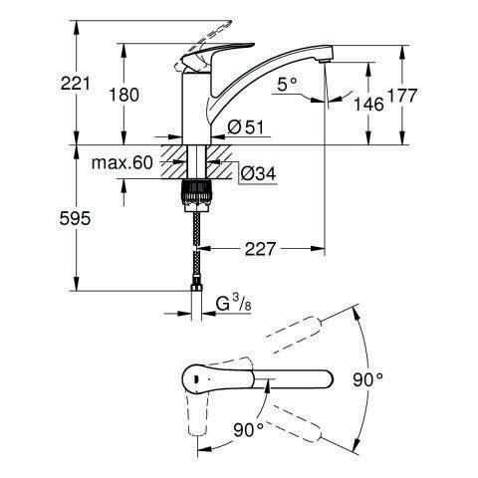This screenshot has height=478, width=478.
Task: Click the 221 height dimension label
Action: (75, 83)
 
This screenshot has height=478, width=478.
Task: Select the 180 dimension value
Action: (124, 95)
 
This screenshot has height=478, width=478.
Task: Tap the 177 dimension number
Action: (402, 96)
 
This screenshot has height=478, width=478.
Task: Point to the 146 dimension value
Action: (368, 105)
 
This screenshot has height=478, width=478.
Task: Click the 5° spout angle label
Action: (287, 84)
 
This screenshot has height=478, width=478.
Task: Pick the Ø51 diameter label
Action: (246, 127)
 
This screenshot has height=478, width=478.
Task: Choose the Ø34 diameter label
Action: (258, 173)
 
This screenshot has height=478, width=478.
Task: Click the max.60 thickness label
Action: (122, 163)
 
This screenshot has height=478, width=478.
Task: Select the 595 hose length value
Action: (75, 219)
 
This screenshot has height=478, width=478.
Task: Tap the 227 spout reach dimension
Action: (260, 249)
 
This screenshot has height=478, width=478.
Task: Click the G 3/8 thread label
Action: (234, 304)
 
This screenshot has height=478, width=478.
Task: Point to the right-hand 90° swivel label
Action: (367, 379)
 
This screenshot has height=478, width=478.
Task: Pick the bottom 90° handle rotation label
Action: (248, 430)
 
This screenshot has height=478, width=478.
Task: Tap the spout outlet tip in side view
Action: (325, 61)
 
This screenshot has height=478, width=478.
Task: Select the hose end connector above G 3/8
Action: (196, 287)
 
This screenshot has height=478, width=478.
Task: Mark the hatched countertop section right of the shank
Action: (218, 162)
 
